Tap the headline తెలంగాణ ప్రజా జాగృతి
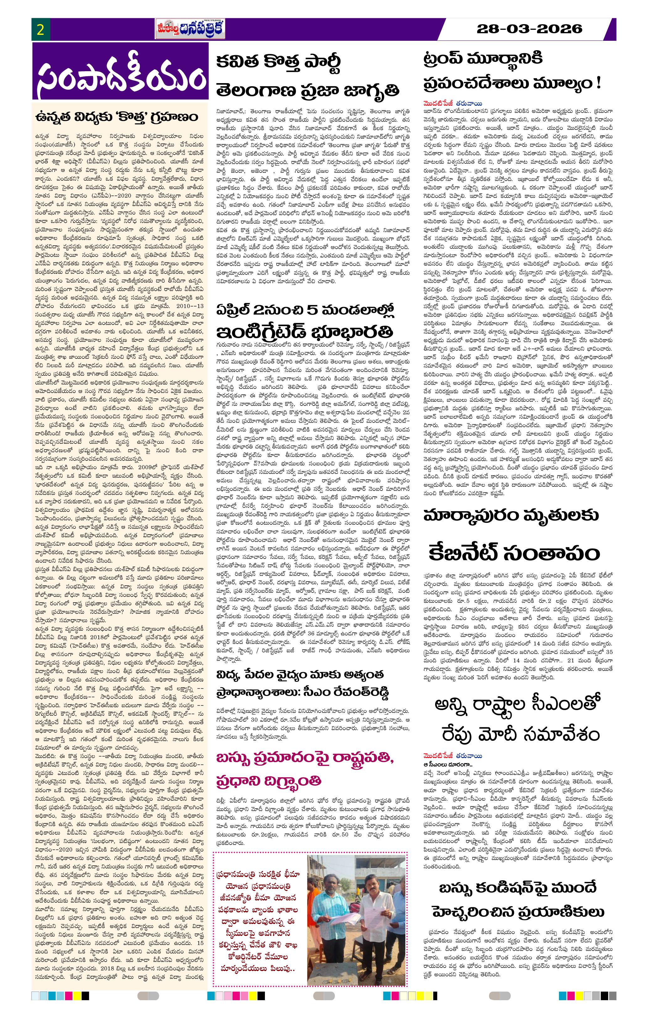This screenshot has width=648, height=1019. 308,90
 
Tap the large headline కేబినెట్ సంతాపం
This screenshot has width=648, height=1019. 514,553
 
